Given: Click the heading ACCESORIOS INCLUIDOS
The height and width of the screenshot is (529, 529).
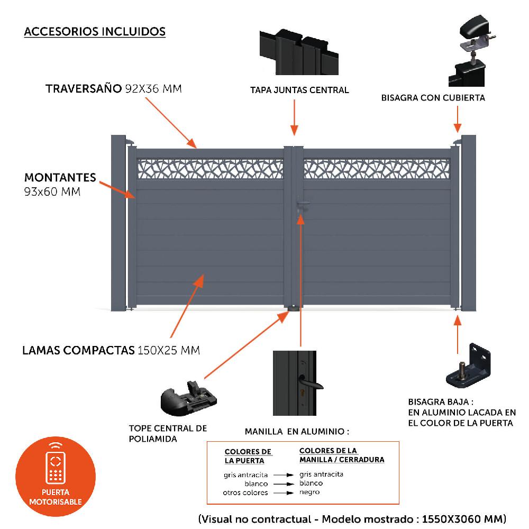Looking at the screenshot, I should pos(95,32).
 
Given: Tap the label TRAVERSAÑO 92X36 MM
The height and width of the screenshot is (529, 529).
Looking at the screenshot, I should pos(114,88).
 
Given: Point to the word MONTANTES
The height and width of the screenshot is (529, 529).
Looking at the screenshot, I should pos(60,177).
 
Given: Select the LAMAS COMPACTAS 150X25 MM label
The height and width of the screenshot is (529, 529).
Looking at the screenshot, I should pos(111,350).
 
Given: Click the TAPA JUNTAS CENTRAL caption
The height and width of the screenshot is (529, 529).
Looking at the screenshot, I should pos(299,90).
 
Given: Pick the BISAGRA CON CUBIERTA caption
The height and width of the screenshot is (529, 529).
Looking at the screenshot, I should pos(433,97).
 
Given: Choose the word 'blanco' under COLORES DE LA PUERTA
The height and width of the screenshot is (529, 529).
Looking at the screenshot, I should pos(256,484).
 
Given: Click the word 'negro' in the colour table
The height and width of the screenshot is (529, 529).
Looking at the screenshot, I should pos(309,492).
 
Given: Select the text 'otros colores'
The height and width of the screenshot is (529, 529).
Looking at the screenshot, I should pos(245,492).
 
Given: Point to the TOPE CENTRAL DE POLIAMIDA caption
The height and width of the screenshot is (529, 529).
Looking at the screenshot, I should pos(168,433).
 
